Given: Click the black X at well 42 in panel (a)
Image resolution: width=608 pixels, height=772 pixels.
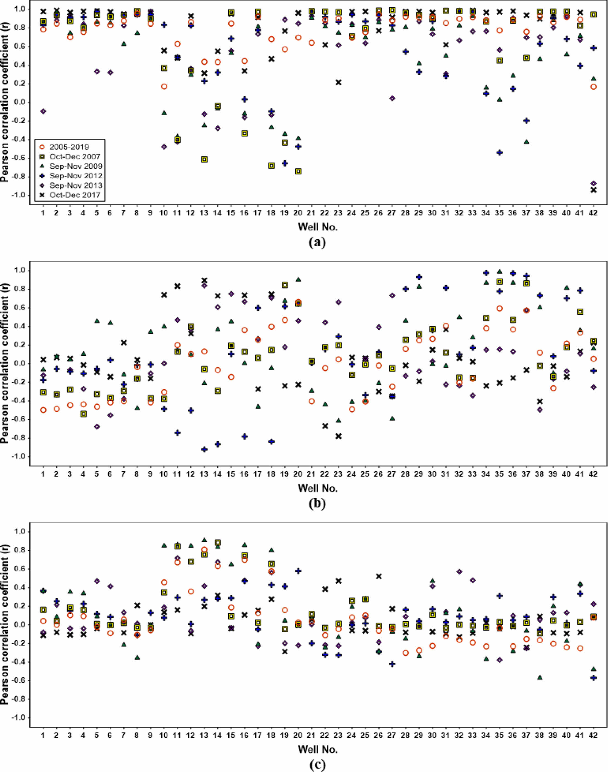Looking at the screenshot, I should point(593,190).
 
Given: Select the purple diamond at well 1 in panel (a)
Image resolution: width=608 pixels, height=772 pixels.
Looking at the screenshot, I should point(43,111).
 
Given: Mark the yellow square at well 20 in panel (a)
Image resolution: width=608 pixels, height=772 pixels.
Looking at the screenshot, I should point(298,171).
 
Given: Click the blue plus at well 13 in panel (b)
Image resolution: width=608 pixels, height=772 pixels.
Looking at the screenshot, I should point(204,449).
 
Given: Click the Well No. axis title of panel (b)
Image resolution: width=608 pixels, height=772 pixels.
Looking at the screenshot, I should point(318,488).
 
